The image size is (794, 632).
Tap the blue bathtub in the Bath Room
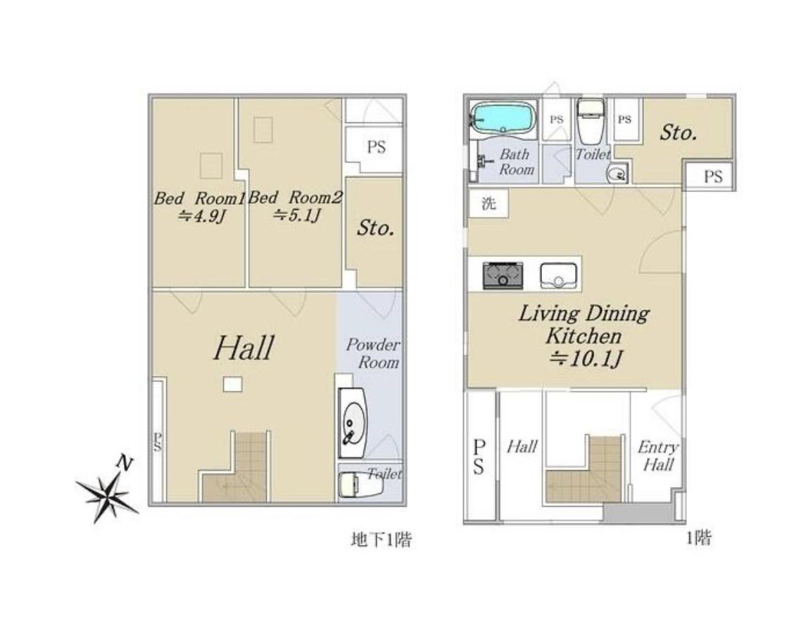503,119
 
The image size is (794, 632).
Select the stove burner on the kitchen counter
503,275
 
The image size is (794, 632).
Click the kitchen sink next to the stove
558,275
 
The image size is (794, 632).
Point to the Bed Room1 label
199,198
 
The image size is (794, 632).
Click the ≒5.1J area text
298,216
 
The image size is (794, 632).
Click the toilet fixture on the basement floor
360,485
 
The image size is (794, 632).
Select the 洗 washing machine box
488,203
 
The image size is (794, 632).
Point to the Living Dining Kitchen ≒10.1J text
584,336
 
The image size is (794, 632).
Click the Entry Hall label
657,456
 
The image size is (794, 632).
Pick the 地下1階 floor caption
382,540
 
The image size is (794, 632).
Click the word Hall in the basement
244,348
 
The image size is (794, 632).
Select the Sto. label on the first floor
678,133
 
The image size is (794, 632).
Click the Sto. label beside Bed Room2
375,228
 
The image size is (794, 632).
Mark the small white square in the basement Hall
232,384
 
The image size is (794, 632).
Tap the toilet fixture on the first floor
591,122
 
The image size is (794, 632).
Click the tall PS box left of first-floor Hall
479,455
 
